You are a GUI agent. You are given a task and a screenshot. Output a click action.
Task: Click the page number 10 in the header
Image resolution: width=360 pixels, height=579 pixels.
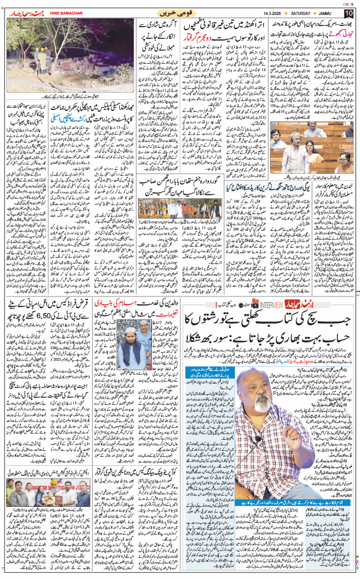348,13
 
